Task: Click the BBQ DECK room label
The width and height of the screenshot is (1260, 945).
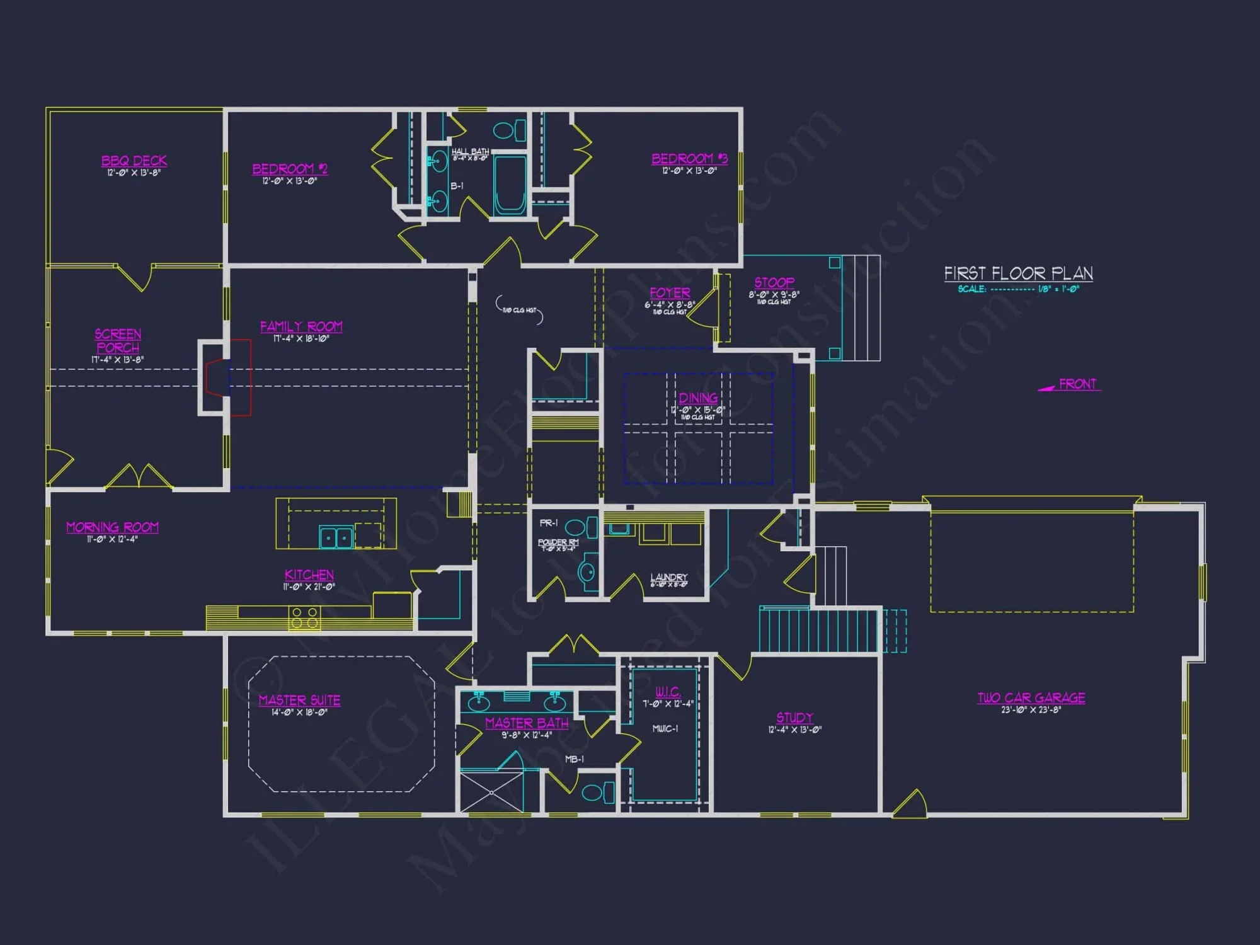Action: (x=134, y=161)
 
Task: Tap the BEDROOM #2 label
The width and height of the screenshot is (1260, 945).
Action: (x=290, y=169)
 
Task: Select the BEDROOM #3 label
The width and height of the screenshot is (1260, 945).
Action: (x=689, y=159)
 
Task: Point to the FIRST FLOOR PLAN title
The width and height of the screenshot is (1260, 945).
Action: (x=1018, y=273)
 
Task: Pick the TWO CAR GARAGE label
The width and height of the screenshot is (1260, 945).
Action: (x=1031, y=698)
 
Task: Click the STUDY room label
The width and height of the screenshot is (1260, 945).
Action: (x=794, y=718)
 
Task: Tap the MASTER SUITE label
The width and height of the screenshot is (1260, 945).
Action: (x=299, y=700)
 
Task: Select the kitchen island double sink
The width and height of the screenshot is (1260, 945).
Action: (x=336, y=538)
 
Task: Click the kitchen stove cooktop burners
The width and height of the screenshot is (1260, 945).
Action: (x=304, y=617)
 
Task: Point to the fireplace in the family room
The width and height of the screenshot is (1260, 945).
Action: (x=217, y=377)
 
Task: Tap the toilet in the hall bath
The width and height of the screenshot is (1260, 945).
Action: (x=510, y=130)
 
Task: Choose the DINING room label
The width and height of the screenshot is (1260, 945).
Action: (x=698, y=398)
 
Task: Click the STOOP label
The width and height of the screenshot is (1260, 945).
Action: (x=774, y=283)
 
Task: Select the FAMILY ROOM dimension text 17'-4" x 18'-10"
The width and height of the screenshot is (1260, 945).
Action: (x=301, y=339)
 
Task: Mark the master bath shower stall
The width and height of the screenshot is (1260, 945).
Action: (x=491, y=790)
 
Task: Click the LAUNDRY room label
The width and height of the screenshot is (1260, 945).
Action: (x=668, y=577)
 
